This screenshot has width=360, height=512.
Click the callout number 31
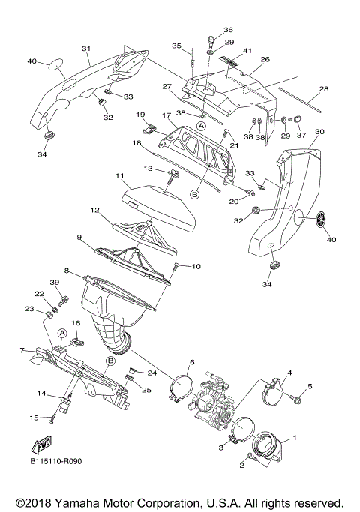(86, 49)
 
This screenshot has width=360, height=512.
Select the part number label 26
(265, 59)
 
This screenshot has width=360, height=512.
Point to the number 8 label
(67, 271)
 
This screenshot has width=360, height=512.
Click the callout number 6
(191, 362)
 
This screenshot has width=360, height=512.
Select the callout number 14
(43, 392)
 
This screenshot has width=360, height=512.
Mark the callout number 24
(151, 372)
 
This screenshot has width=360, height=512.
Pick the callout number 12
(95, 210)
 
